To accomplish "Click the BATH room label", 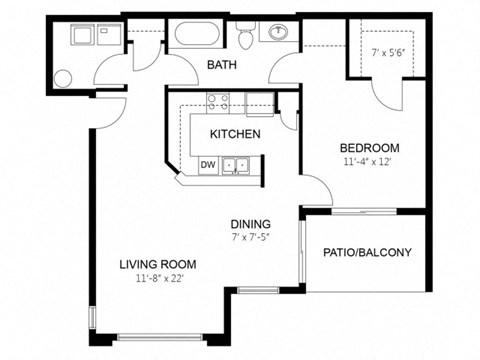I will (221, 65).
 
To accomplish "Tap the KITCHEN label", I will (235, 134).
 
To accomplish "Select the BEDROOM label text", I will (369, 145).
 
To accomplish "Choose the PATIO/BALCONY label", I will (367, 252).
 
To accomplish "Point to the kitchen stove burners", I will (218, 100).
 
